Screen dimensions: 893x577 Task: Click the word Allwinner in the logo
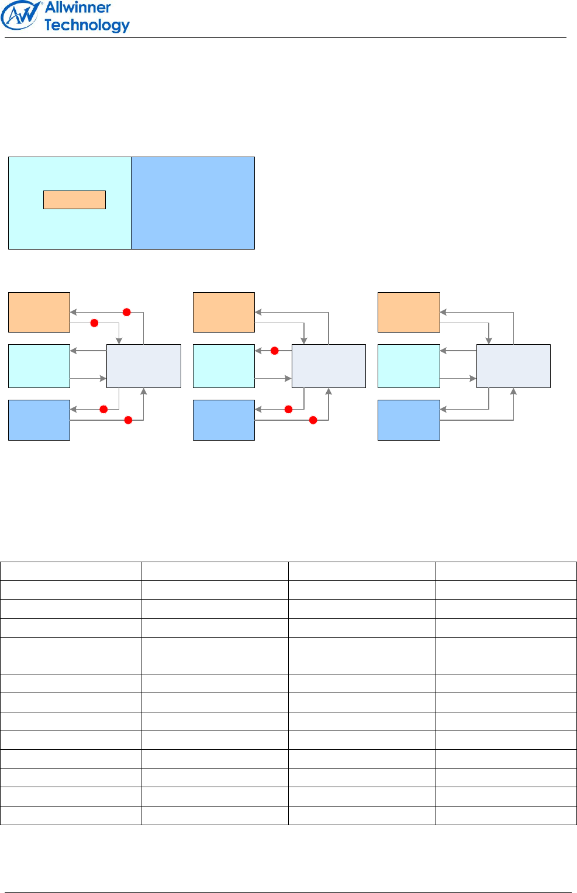(78, 8)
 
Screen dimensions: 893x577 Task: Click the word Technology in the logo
(87, 25)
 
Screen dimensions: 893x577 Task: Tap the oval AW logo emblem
(22, 15)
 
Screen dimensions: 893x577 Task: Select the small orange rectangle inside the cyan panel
(74, 200)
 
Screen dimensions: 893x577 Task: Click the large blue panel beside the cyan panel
(193, 203)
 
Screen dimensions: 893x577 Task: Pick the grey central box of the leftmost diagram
(144, 366)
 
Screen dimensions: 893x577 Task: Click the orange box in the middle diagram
(224, 312)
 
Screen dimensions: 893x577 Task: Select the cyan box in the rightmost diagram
(409, 366)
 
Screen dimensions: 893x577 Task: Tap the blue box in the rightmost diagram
(409, 420)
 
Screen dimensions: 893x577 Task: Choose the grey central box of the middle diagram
(329, 366)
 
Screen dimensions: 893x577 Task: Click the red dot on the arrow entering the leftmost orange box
(126, 312)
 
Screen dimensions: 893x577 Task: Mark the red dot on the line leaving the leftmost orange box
(94, 323)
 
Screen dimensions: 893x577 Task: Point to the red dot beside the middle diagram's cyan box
(274, 351)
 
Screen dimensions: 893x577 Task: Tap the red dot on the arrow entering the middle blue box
(288, 409)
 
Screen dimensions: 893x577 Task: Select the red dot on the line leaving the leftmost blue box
(128, 420)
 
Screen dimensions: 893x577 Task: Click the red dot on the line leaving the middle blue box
(313, 420)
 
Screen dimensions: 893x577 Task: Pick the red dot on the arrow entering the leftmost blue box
(103, 409)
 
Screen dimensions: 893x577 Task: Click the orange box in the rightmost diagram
(409, 312)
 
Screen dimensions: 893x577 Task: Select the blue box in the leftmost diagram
(39, 420)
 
